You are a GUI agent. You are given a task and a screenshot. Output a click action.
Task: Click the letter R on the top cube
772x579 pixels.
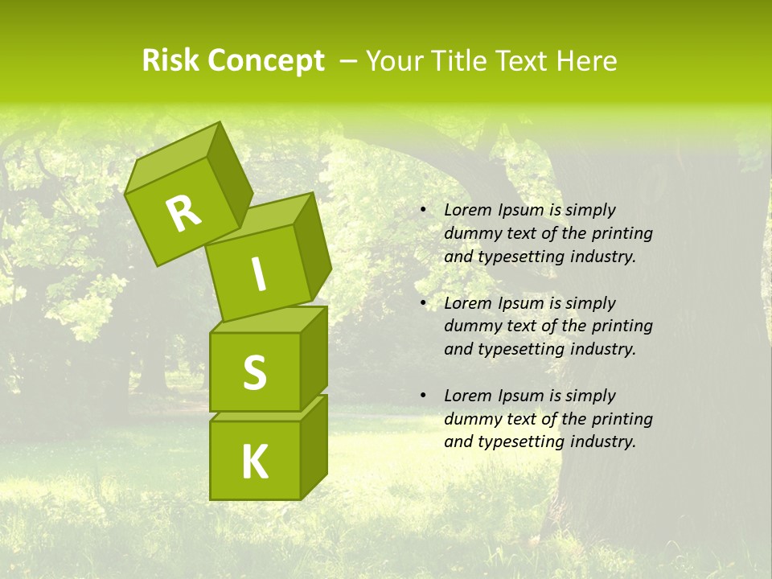point(183,213)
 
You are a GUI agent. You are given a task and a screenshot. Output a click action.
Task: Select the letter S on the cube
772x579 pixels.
point(254,373)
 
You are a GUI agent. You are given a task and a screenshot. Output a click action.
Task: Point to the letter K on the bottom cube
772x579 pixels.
point(254,462)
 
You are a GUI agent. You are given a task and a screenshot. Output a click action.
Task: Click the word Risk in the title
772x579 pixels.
point(170,61)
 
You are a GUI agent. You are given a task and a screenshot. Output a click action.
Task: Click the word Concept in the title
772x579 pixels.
point(265,61)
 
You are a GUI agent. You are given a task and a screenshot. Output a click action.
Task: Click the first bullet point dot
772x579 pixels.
point(422,211)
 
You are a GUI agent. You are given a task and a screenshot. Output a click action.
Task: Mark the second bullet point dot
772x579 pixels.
point(422,304)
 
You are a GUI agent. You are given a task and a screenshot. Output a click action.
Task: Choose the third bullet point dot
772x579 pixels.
point(422,396)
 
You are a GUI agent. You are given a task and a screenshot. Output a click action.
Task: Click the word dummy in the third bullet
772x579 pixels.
point(470,419)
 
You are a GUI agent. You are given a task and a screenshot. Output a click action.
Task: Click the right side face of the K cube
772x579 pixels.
point(314,448)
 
